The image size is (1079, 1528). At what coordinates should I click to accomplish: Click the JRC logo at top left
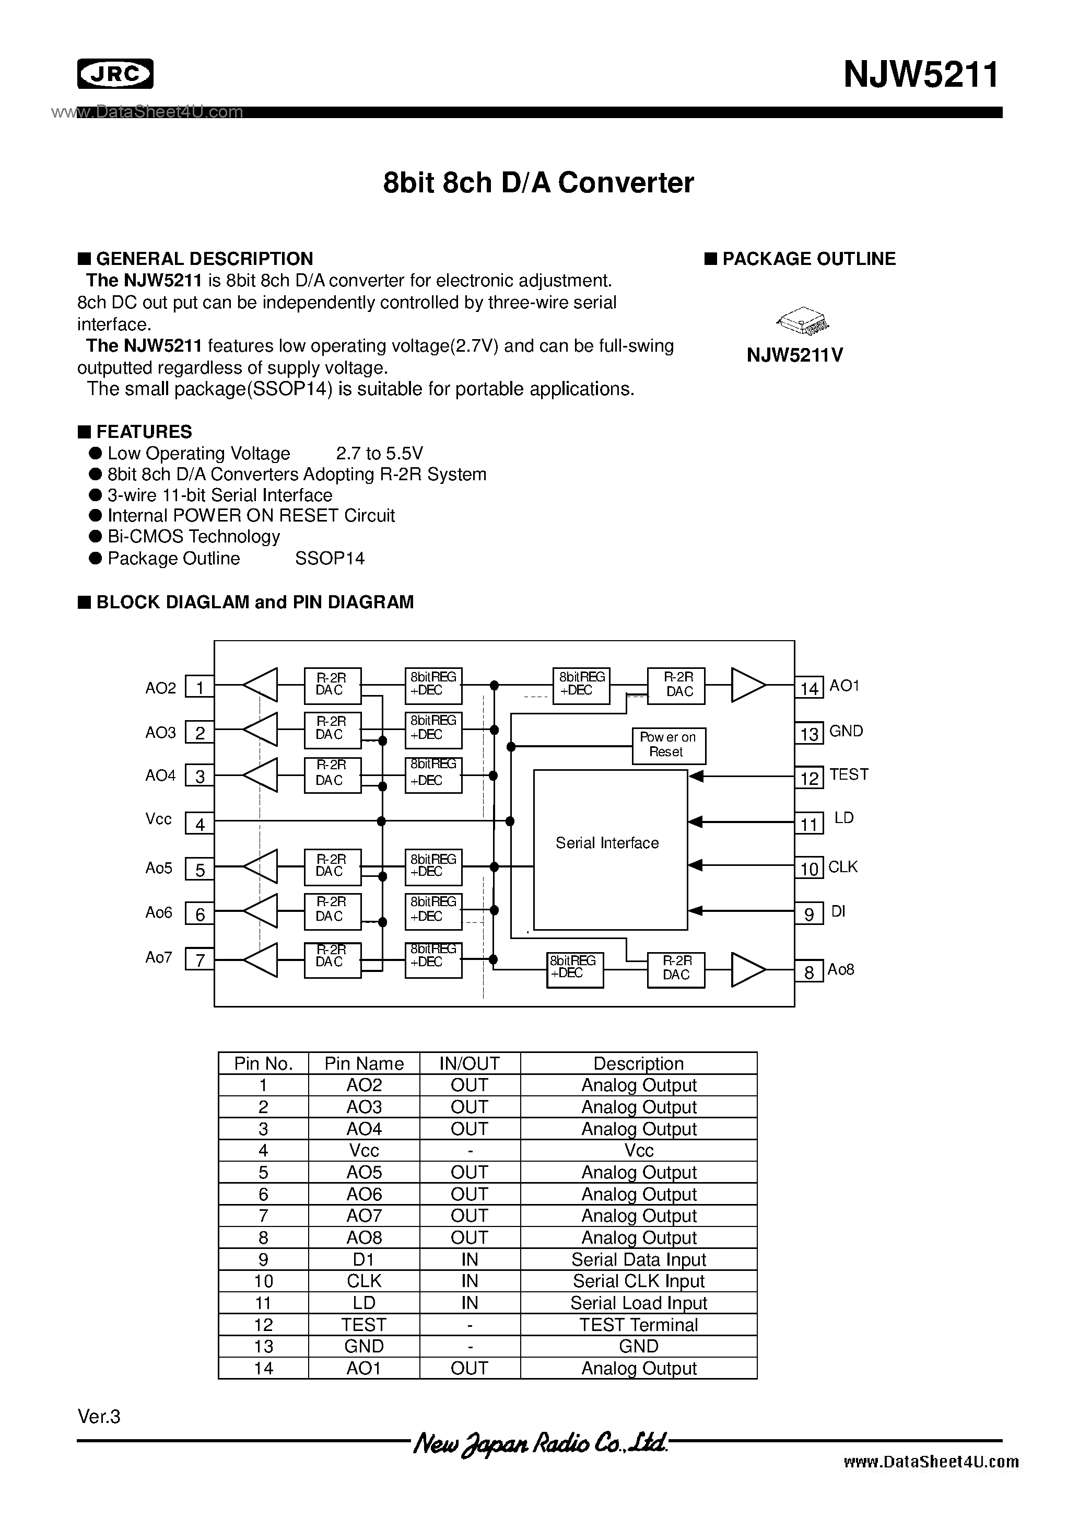click(x=115, y=74)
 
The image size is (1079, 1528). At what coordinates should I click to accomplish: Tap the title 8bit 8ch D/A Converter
click(x=538, y=182)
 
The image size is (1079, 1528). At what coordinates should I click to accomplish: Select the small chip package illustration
click(x=803, y=322)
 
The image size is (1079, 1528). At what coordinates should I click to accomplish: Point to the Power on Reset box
click(x=668, y=745)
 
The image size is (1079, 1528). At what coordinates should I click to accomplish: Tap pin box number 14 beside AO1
click(x=809, y=688)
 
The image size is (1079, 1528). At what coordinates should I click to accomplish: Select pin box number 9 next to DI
click(x=809, y=915)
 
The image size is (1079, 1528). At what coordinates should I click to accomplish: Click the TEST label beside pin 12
click(x=849, y=774)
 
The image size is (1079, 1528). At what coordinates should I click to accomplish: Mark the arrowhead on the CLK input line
click(x=695, y=865)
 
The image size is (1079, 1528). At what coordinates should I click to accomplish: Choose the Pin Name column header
click(x=364, y=1063)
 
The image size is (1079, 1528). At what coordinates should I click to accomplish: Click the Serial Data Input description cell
click(x=638, y=1259)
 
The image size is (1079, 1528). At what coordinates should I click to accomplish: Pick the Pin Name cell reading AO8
click(x=364, y=1237)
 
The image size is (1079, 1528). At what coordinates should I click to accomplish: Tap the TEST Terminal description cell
click(x=638, y=1324)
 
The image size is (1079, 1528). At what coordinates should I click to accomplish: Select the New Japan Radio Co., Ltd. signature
click(x=539, y=1443)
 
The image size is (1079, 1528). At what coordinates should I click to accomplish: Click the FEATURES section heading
click(x=144, y=432)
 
